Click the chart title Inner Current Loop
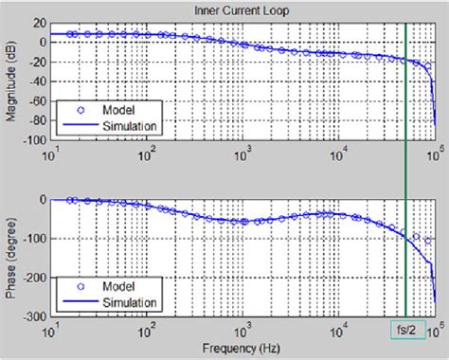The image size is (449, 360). point(243,9)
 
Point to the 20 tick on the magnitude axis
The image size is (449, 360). point(38,21)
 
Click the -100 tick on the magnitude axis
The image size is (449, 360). point(33,140)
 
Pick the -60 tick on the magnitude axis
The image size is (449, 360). point(35,100)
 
